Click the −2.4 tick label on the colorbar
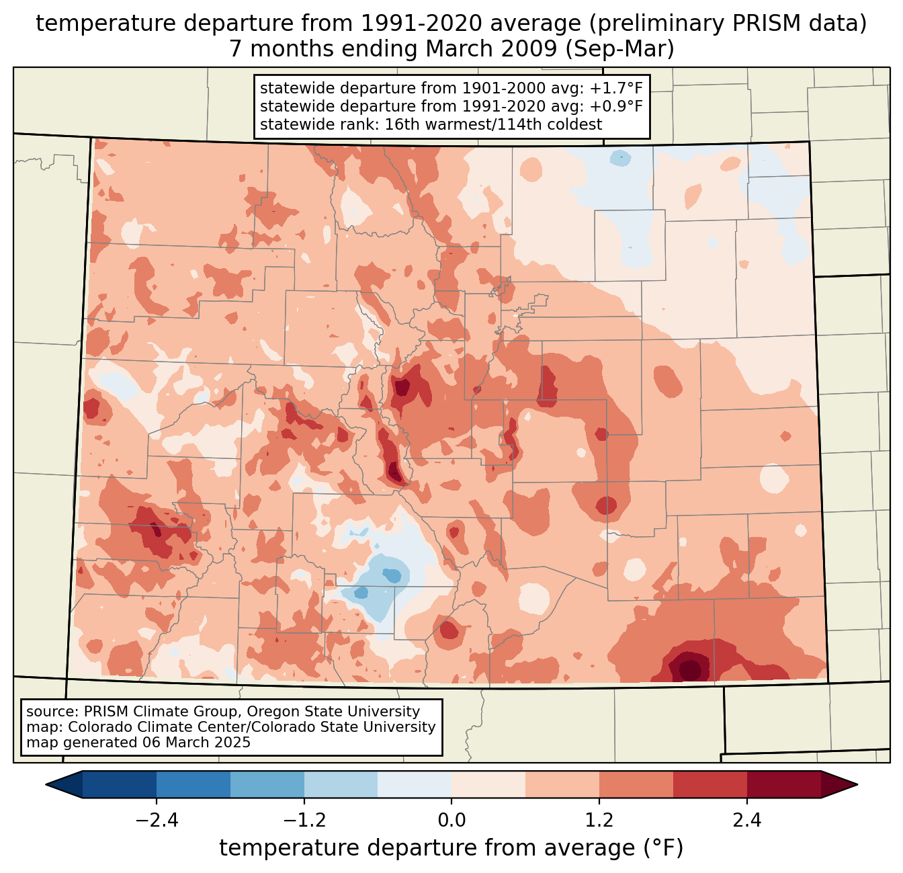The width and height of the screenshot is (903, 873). pyautogui.click(x=157, y=821)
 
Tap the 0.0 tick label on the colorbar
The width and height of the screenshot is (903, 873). pyautogui.click(x=451, y=821)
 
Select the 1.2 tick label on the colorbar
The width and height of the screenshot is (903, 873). pyautogui.click(x=599, y=821)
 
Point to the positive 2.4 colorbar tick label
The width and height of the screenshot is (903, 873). pyautogui.click(x=746, y=821)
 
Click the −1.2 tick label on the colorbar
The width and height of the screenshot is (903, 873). pyautogui.click(x=304, y=821)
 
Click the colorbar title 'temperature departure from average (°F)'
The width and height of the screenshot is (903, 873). pyautogui.click(x=451, y=848)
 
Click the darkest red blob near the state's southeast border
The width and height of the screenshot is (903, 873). pyautogui.click(x=690, y=669)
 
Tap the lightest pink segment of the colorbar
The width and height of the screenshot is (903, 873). pyautogui.click(x=488, y=784)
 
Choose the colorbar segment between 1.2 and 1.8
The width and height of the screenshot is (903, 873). pyautogui.click(x=636, y=784)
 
